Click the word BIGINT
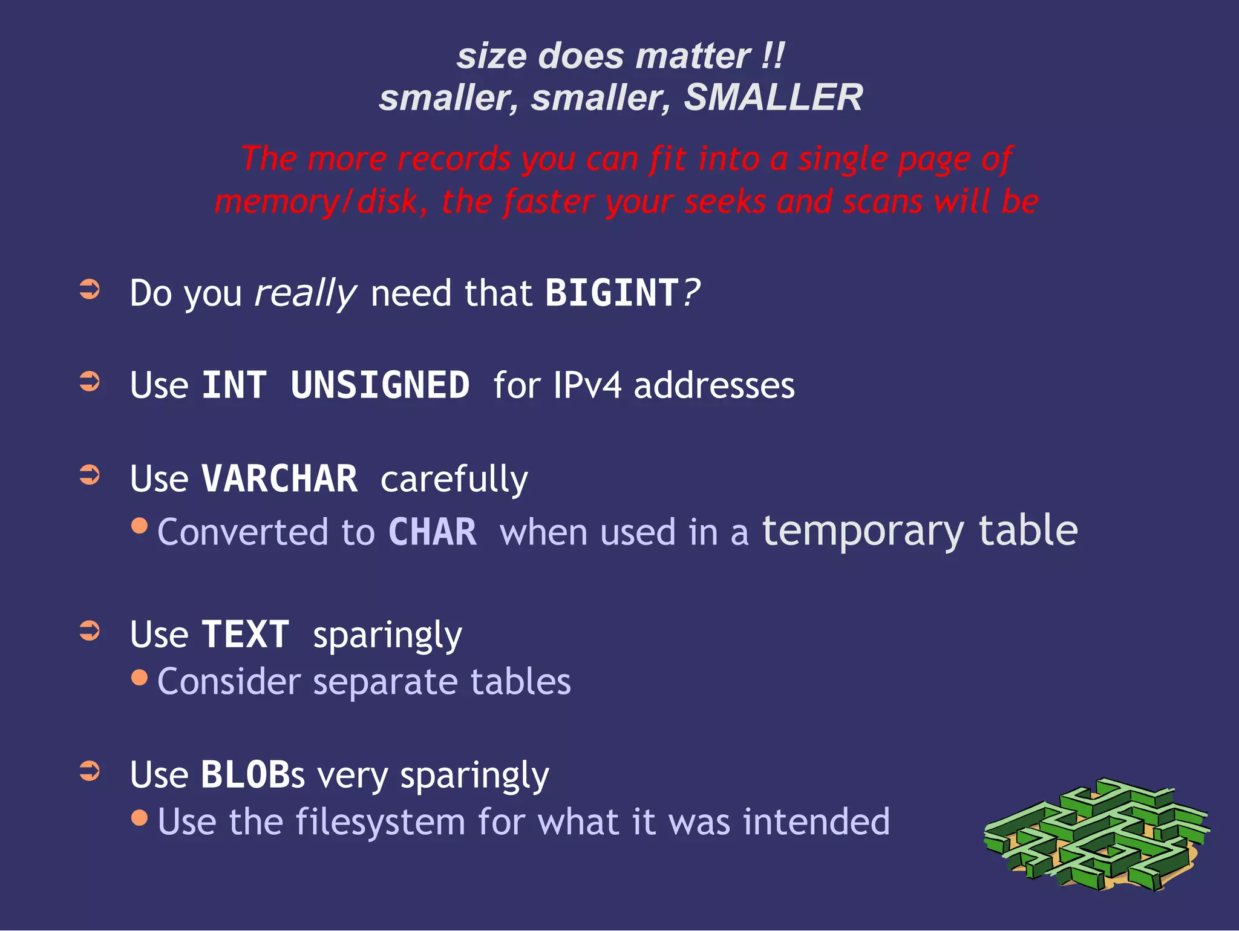(x=612, y=293)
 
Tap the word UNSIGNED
(x=380, y=385)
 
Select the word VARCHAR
(x=280, y=479)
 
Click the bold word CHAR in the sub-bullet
(x=433, y=532)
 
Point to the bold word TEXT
(x=245, y=635)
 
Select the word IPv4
(x=587, y=385)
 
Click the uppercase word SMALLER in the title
(x=773, y=97)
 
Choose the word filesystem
(x=381, y=822)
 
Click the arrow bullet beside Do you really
(x=90, y=289)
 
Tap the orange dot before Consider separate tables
(x=139, y=677)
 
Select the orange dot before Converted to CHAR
(x=139, y=526)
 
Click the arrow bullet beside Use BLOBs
(x=90, y=771)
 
